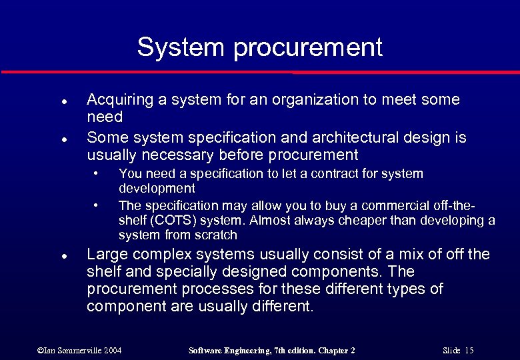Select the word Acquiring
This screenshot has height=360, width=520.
pyautogui.click(x=119, y=101)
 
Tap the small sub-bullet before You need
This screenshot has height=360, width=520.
pyautogui.click(x=97, y=173)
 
